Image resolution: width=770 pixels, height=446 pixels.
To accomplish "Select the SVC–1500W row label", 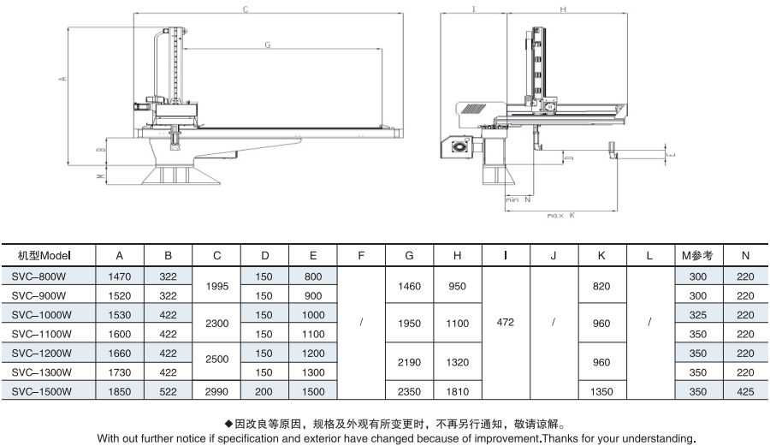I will click(43, 390).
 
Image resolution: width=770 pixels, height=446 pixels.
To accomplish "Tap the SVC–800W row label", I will click(41, 277).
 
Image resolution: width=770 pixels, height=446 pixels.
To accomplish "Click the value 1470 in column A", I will click(120, 277).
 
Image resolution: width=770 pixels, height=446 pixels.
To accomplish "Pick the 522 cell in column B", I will click(169, 390).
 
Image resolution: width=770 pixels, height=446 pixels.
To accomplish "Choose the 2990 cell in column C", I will click(217, 390).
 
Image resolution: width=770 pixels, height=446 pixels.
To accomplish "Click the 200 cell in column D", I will click(265, 390).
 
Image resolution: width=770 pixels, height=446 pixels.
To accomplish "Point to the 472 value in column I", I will click(505, 324).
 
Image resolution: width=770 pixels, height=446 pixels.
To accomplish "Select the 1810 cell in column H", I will click(458, 390).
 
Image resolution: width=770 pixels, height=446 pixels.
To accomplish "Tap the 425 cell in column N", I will click(745, 390).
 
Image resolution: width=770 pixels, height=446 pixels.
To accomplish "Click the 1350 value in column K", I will click(602, 390).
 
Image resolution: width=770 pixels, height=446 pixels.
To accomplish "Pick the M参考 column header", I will click(698, 255).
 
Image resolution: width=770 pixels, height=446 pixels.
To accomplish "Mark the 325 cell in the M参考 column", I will click(698, 315).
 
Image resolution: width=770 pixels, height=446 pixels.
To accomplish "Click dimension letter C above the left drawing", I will click(246, 10).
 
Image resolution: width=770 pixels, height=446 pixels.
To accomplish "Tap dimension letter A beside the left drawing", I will click(61, 80).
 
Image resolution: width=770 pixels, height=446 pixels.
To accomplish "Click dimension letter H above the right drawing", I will click(563, 9).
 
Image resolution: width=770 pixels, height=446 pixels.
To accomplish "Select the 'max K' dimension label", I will click(560, 215).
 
